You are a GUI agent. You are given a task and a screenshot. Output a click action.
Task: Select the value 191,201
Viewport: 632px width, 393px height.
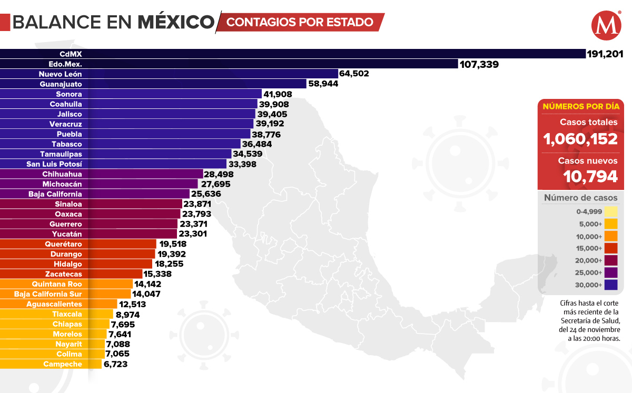coord(606,54)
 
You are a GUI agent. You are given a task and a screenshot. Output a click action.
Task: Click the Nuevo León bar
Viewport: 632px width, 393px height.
coord(211,74)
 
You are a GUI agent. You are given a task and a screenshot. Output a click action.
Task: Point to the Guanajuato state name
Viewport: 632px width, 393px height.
coord(61,84)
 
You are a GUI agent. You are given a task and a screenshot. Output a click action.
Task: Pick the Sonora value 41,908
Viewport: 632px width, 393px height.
coord(278,94)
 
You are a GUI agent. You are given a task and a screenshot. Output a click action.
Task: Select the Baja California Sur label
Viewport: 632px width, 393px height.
coord(48,294)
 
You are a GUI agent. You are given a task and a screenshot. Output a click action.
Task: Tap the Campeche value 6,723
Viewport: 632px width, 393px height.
coord(115,364)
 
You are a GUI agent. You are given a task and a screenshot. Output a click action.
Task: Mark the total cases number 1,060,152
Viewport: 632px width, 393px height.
coord(580,139)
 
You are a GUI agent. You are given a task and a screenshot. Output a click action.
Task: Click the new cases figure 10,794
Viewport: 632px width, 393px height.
coord(590,176)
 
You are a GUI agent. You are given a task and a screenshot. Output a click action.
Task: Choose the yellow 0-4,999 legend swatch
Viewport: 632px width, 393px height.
coord(611,211)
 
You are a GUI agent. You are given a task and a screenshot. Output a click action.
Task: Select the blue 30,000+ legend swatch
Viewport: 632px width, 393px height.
coord(611,285)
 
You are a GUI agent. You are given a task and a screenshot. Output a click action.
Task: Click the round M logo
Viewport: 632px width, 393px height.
coord(606,26)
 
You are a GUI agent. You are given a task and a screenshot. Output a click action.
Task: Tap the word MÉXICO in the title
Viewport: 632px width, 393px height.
coord(176,22)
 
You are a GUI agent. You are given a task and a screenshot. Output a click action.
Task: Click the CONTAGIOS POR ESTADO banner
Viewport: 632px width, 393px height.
coord(300,22)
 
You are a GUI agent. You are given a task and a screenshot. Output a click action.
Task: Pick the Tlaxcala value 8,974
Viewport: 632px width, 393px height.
coord(128,314)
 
